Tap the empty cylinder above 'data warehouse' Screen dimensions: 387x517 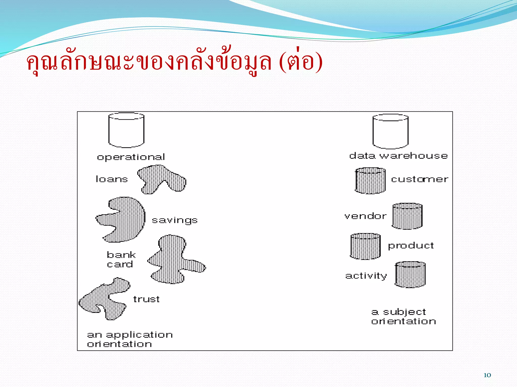(391, 131)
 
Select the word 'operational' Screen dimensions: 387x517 (131, 157)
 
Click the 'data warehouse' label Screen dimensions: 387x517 (398, 156)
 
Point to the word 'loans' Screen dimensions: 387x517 (112, 179)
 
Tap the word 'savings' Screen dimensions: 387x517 (174, 220)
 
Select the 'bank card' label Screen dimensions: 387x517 (121, 260)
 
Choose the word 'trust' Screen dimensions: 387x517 (146, 299)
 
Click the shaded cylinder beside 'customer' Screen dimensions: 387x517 (370, 181)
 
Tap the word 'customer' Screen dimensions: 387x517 (420, 179)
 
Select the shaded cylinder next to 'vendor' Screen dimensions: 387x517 (407, 216)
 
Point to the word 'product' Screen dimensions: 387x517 (411, 246)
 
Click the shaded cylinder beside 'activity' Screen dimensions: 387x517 (410, 275)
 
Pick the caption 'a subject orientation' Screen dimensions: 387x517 (403, 316)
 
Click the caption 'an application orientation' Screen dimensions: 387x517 (130, 339)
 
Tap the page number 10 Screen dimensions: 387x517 (487, 375)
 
